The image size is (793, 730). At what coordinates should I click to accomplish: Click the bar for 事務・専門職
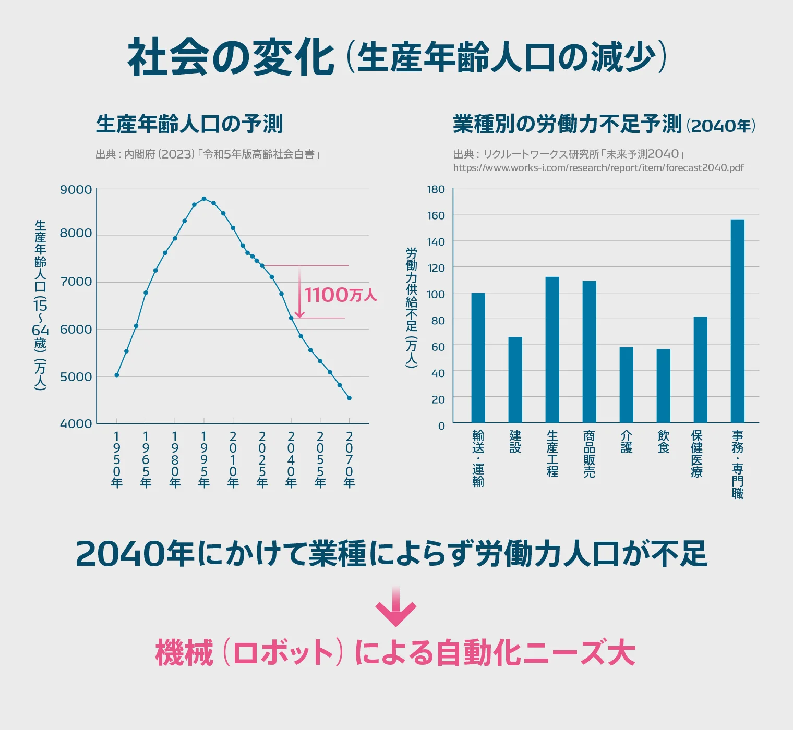point(737,321)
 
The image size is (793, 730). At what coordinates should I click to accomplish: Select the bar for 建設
point(515,380)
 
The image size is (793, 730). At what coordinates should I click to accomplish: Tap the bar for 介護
point(626,385)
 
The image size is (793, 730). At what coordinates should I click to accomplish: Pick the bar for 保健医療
point(700,369)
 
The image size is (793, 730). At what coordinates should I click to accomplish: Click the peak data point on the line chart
point(204,199)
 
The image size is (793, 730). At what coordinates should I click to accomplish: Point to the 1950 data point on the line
point(117,375)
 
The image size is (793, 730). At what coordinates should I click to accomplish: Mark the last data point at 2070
point(349,398)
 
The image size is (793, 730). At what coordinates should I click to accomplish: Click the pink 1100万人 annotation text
point(340,295)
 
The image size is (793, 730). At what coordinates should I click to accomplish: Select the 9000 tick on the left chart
point(76,190)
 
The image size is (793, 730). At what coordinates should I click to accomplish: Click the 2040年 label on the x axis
point(291,459)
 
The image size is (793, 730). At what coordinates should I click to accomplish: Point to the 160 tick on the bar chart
point(436,215)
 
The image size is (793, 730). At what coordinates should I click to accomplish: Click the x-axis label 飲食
point(663,442)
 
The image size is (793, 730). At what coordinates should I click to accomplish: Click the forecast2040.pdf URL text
point(598,168)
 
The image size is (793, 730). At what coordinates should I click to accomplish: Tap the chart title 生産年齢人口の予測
point(189,124)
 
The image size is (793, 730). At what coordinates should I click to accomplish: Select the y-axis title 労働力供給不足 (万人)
point(412,308)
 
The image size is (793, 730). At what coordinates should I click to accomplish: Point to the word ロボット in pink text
point(283,653)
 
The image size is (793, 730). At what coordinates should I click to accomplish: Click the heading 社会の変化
point(231,57)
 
